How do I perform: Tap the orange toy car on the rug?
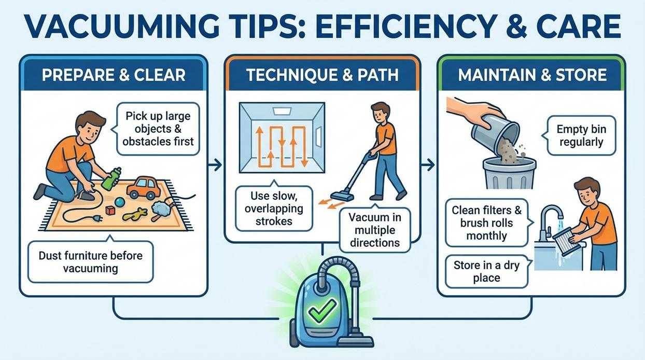tap(142, 187)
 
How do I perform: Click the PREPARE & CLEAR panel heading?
tap(113, 75)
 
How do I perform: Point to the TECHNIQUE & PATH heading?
tap(322, 75)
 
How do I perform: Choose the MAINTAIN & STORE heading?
tap(532, 75)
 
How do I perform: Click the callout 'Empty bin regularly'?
tap(581, 135)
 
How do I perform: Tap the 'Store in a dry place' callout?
tap(486, 271)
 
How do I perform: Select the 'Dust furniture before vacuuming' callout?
tap(90, 261)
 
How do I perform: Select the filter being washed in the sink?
tap(564, 241)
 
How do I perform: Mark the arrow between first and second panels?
tap(215, 165)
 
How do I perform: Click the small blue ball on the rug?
tap(119, 202)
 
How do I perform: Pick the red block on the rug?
tap(109, 211)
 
